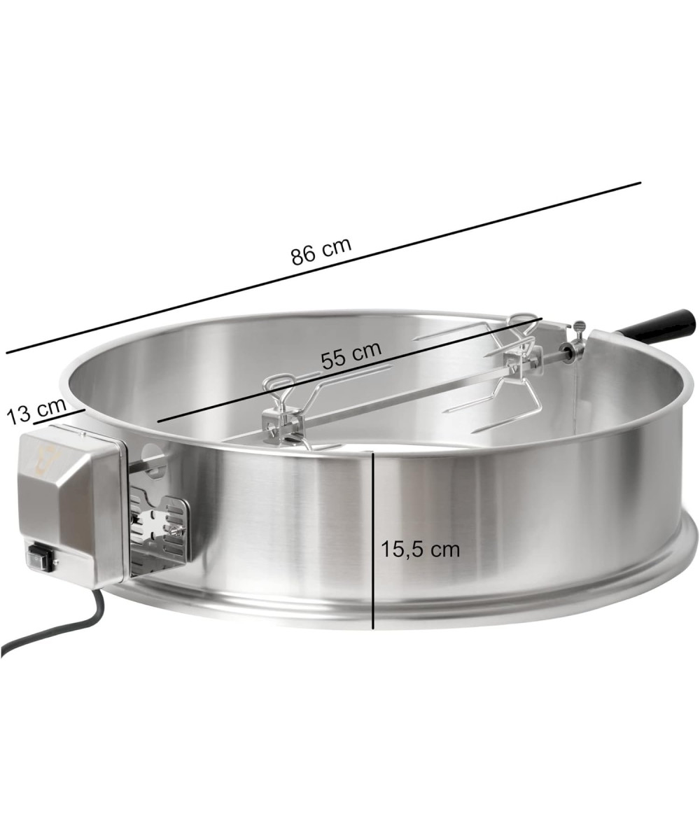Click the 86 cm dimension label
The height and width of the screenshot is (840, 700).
coord(321,251)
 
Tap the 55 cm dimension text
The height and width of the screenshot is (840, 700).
coord(351,355)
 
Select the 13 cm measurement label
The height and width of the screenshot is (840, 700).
coord(37,411)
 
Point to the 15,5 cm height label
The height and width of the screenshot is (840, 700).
coord(419,549)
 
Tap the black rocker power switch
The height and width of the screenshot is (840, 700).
coord(39,560)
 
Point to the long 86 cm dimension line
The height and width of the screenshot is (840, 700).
coord(323,274)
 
